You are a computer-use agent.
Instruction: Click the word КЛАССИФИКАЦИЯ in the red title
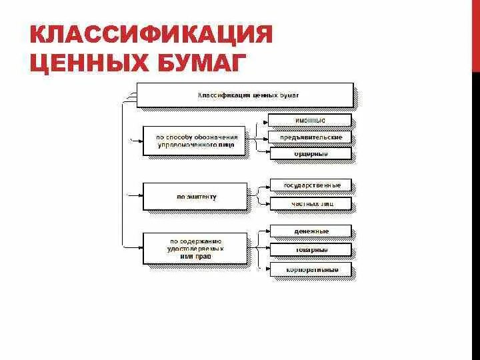point(151,35)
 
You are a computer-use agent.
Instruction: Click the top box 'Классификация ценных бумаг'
point(245,95)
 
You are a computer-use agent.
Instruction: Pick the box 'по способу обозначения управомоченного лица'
point(195,141)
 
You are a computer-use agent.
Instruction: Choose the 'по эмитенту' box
point(195,197)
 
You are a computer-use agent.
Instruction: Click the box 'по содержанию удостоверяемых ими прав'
point(195,248)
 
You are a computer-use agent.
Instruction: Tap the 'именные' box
point(310,120)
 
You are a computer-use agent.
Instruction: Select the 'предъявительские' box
point(310,137)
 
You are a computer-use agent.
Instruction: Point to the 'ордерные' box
point(310,153)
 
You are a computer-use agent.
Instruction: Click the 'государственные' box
point(310,185)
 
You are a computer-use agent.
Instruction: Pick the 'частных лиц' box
point(310,203)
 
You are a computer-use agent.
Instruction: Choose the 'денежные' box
point(310,231)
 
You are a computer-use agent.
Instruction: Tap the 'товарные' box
point(310,250)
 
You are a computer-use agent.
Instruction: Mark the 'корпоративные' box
point(310,270)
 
